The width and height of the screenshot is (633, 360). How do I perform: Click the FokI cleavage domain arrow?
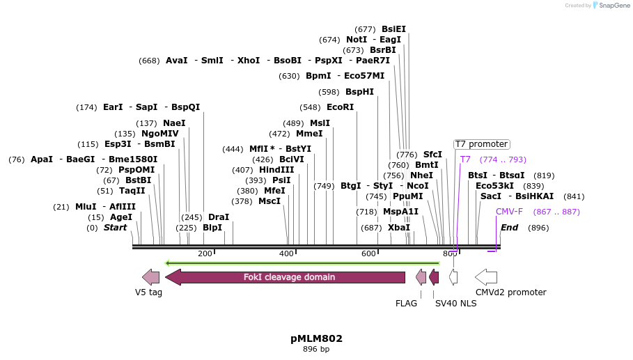tap(286, 277)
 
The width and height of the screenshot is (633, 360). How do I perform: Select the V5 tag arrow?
tap(150, 277)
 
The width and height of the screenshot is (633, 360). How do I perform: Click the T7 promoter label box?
tap(481, 144)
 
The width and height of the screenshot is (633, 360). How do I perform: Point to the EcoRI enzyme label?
tap(340, 107)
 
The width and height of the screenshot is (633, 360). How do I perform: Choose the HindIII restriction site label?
tap(276, 170)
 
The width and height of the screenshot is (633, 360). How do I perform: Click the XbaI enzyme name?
tap(399, 228)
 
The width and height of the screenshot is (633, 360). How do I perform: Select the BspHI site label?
tap(359, 92)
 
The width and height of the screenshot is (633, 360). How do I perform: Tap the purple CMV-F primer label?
tap(509, 212)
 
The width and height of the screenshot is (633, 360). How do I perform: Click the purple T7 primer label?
tap(465, 159)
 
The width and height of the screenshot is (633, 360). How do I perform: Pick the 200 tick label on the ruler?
tap(205, 254)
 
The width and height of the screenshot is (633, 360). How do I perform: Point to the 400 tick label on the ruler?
tap(287, 254)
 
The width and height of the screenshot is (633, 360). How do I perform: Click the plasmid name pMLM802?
tap(316, 339)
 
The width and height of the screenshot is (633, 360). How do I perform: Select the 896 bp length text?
tap(316, 350)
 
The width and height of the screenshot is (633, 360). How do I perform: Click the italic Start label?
tap(116, 228)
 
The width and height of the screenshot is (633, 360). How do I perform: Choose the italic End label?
tap(509, 228)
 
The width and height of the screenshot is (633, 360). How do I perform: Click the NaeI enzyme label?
tap(174, 123)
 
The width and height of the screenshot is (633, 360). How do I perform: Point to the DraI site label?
tap(219, 217)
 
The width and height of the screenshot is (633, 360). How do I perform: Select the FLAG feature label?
tap(406, 304)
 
